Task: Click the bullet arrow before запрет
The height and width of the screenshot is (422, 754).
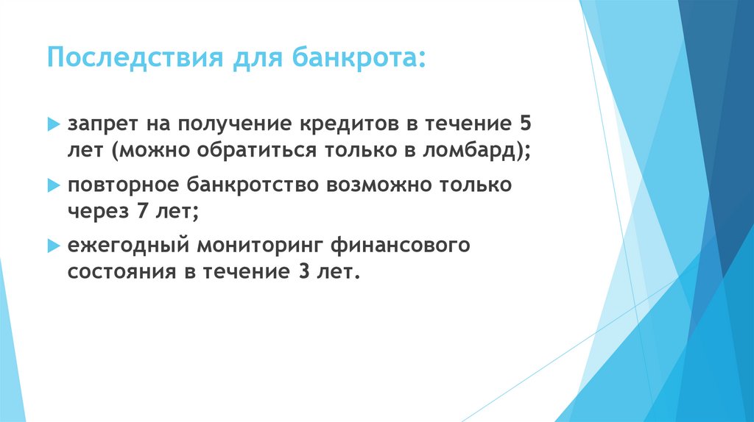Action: point(52,123)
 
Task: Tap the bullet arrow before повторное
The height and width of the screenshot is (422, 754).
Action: point(52,184)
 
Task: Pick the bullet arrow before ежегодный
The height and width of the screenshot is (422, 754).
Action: point(52,245)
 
